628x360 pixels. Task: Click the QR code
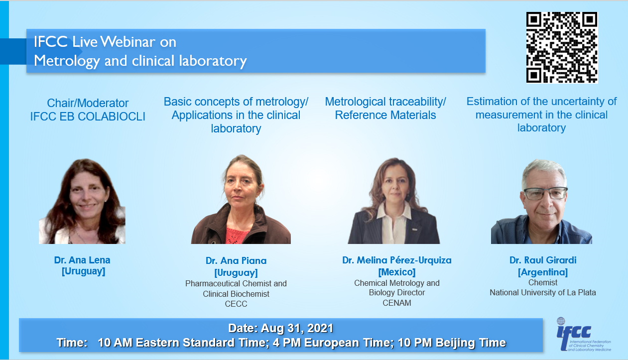[562, 47]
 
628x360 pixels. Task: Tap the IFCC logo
[584, 335]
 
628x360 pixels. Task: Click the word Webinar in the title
[127, 42]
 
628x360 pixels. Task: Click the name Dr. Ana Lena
[82, 260]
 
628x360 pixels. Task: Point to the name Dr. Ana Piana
[236, 260]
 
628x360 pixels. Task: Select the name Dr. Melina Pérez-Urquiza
[397, 260]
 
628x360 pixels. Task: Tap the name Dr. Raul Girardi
[543, 260]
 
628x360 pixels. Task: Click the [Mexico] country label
[397, 272]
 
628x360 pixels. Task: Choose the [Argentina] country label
[543, 272]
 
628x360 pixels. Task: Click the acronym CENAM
[397, 303]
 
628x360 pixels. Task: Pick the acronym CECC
[236, 304]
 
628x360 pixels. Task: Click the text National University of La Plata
[543, 292]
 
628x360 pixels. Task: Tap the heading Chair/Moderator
[88, 103]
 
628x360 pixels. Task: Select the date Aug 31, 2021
[297, 328]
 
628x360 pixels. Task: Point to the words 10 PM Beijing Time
[452, 343]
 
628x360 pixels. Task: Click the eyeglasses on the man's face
[545, 194]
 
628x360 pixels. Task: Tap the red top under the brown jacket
[238, 236]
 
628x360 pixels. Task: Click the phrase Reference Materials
[385, 115]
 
